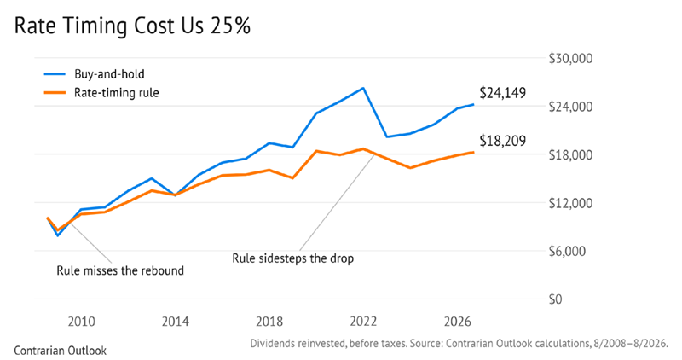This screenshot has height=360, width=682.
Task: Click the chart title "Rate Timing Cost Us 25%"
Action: point(132,26)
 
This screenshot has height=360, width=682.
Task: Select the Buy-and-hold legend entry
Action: point(95,74)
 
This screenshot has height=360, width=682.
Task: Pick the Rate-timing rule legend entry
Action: point(101,93)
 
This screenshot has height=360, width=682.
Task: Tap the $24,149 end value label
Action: point(502,93)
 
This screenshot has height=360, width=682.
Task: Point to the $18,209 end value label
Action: point(502,141)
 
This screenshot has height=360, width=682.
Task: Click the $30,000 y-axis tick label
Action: point(570,59)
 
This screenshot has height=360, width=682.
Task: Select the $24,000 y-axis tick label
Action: point(570,107)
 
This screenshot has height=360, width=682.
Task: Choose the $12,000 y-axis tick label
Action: point(570,203)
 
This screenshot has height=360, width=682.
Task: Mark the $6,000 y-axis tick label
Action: point(567,251)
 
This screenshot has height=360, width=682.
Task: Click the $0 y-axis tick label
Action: point(555,299)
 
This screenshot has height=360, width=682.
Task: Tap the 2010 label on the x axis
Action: point(81,322)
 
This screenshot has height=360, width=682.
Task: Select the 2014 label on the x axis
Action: point(176,322)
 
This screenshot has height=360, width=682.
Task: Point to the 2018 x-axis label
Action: point(269,322)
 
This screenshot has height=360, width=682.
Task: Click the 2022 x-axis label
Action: point(363,322)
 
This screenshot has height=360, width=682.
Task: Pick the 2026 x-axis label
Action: point(457,322)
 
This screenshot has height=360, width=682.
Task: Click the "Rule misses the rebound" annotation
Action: point(120,270)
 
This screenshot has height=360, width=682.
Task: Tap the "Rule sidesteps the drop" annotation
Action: point(292,258)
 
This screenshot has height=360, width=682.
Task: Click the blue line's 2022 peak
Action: point(363,88)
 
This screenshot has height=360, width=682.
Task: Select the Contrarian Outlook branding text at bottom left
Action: point(60,351)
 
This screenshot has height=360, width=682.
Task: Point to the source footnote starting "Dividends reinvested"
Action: point(459,344)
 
